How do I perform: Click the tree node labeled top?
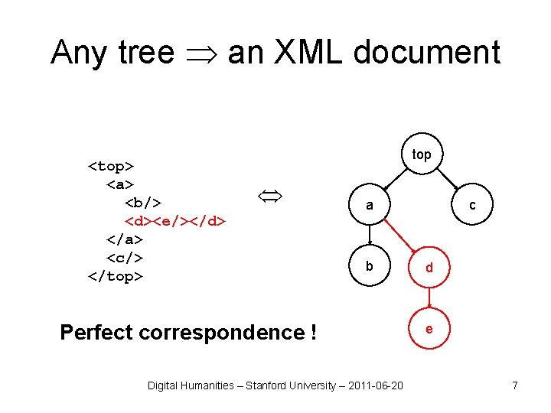(x=422, y=154)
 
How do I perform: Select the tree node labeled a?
(x=370, y=205)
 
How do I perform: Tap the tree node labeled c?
(x=472, y=205)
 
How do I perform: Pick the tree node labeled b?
(x=370, y=266)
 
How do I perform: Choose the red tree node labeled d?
(x=429, y=268)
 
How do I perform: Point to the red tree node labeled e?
(x=429, y=329)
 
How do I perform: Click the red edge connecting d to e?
(x=429, y=298)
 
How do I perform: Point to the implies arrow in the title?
(x=201, y=53)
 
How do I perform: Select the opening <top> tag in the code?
(x=112, y=166)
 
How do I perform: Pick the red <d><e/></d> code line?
(x=175, y=221)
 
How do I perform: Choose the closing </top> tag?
(x=116, y=276)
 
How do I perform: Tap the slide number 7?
(x=515, y=385)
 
